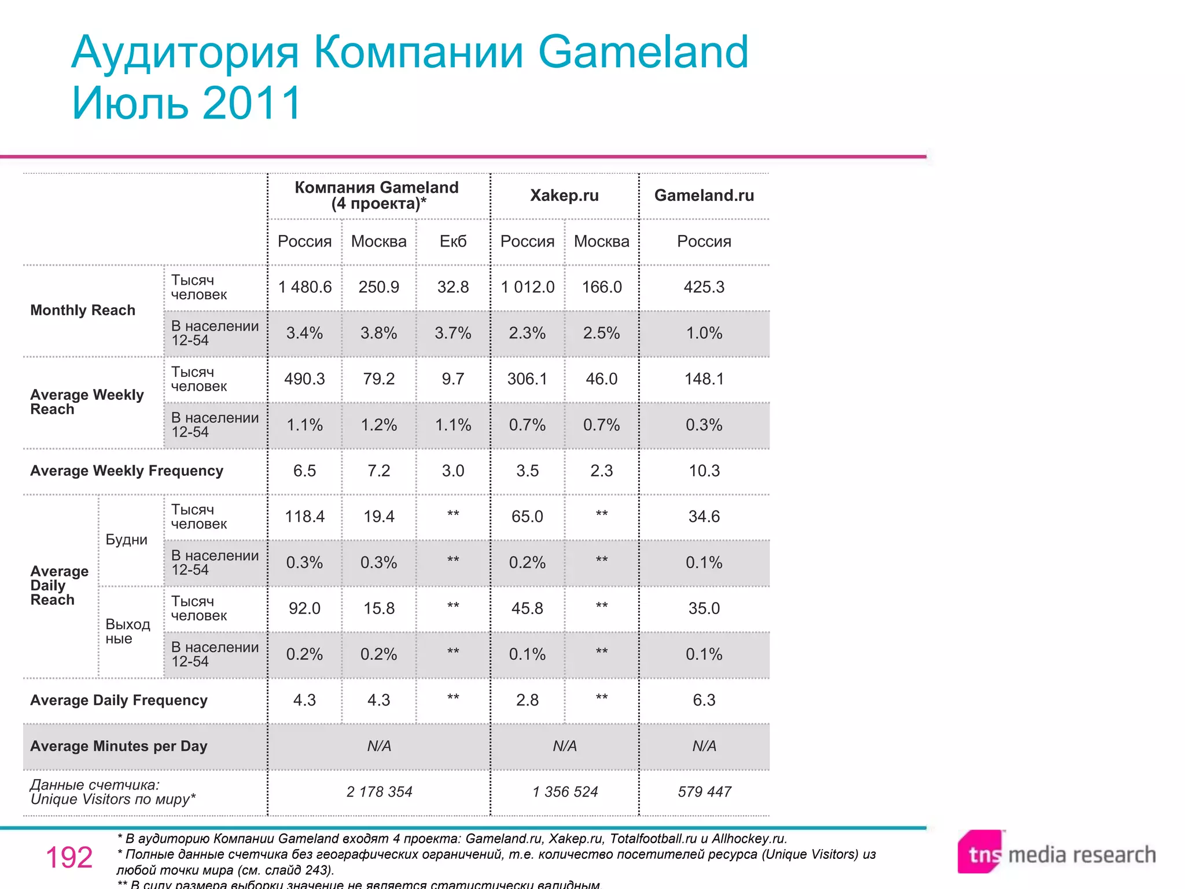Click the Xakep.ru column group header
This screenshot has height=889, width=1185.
click(564, 196)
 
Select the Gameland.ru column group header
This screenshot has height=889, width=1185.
click(704, 196)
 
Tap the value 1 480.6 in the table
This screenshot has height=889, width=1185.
click(305, 287)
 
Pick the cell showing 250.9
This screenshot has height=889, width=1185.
click(378, 287)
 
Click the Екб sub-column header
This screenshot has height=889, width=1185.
click(452, 241)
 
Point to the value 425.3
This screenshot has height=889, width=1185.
click(704, 287)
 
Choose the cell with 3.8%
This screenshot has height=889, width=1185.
click(378, 333)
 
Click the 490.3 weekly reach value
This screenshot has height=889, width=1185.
click(304, 379)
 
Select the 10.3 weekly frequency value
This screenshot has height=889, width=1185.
click(704, 471)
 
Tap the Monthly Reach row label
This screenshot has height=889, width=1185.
click(83, 310)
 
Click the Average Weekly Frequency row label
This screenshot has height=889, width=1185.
click(127, 471)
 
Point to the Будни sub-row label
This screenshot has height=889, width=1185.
click(126, 539)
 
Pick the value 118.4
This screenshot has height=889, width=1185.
click(304, 516)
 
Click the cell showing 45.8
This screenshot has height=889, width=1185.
click(527, 608)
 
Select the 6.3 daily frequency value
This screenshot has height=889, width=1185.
click(704, 700)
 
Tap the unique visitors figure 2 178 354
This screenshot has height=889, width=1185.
click(379, 792)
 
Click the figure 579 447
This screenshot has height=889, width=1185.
click(704, 792)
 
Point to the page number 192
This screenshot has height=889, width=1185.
click(69, 858)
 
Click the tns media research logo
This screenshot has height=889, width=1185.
click(1056, 853)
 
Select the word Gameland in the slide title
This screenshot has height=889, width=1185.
click(643, 52)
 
